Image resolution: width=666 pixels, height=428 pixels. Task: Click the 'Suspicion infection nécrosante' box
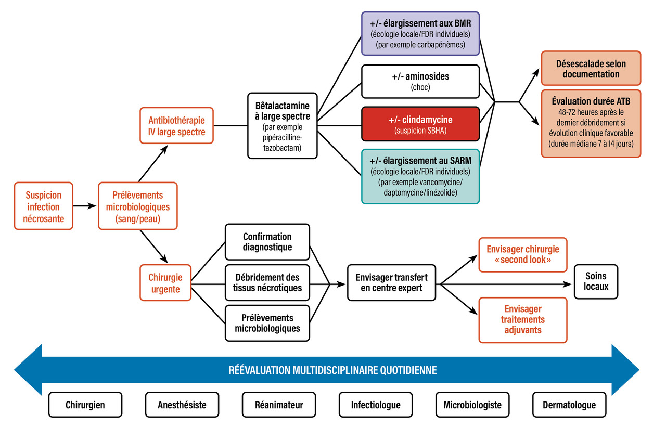point(44,206)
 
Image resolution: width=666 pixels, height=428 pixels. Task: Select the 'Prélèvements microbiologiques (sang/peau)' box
point(138,206)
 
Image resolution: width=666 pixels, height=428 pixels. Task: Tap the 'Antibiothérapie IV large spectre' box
point(177,125)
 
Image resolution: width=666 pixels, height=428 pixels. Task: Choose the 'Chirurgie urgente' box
point(165,282)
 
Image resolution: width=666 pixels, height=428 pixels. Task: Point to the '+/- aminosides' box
point(420,81)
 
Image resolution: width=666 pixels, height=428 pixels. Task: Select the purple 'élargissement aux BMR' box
point(420,33)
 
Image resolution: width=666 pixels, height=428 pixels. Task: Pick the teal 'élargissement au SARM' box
point(420,176)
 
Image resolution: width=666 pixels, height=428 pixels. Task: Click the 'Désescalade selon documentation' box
point(591,68)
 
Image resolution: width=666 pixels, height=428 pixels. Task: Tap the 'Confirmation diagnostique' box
point(267,242)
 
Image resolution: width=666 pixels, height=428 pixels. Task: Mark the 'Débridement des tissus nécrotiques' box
point(267,282)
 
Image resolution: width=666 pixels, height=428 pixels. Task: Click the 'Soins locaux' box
point(596,282)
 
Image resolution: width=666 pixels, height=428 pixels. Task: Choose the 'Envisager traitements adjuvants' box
point(522,320)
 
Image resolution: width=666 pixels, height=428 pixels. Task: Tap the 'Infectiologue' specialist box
point(376,405)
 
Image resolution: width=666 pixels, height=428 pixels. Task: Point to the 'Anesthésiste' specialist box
point(182,405)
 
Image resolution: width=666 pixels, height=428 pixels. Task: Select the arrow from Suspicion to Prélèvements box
point(85,206)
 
